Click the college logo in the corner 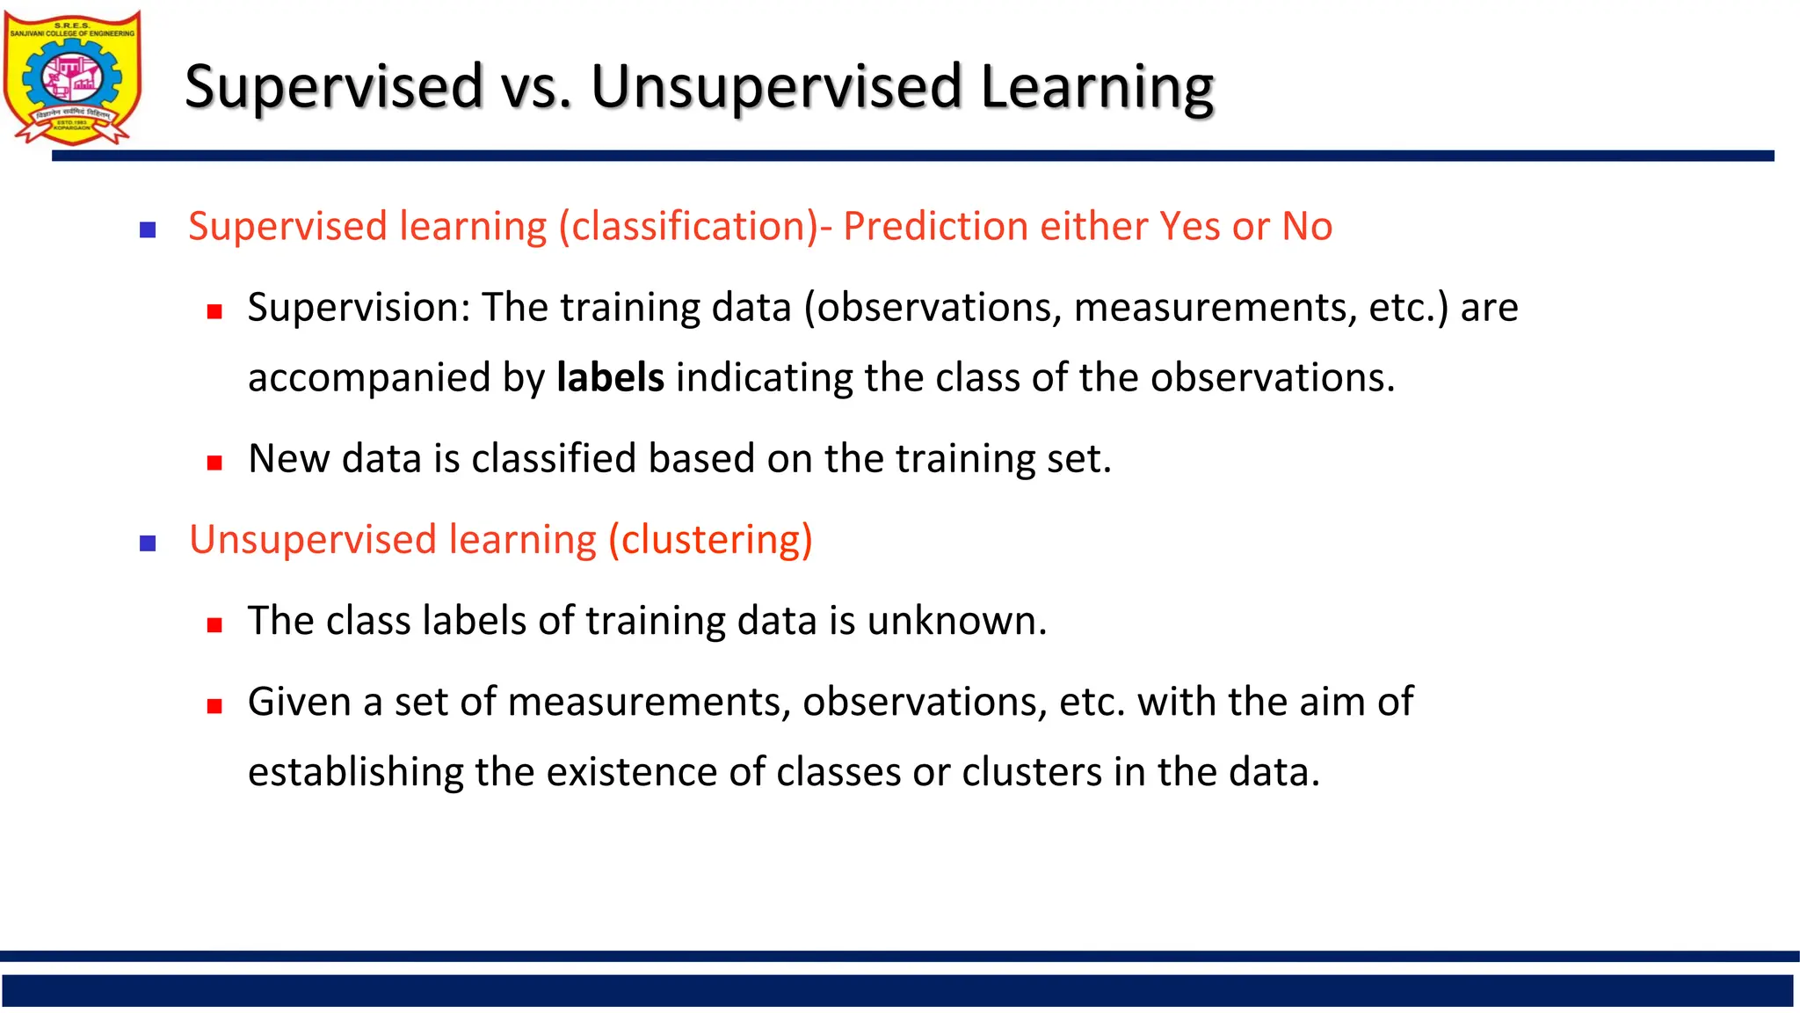(72, 77)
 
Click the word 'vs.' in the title (536, 87)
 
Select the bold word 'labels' (610, 378)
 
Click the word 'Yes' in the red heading (1190, 227)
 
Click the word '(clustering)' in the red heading (710, 540)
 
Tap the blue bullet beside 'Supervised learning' (148, 230)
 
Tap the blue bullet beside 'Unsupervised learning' (148, 543)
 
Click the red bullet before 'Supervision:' (214, 311)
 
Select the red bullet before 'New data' (214, 463)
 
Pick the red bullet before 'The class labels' (214, 625)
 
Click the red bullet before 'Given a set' (214, 706)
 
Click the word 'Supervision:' (359, 309)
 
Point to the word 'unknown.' (956, 621)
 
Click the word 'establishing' (355, 773)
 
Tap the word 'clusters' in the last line (1032, 772)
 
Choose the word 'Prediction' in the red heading (935, 227)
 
